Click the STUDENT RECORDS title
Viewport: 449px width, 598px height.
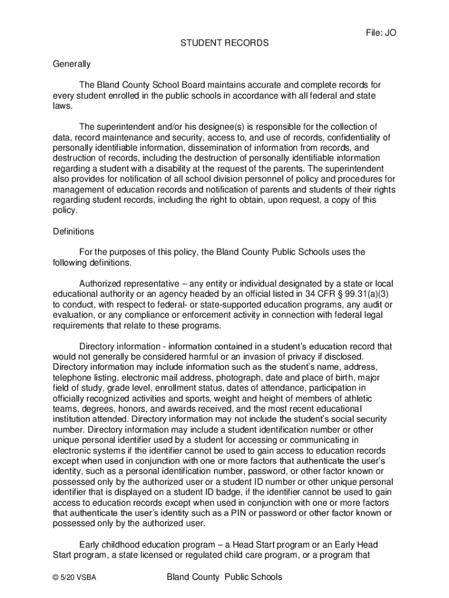coord(224,43)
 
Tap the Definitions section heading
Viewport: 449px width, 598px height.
coord(73,231)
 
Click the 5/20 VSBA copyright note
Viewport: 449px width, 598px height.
coord(75,578)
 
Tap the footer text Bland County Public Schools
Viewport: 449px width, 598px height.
coord(224,577)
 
